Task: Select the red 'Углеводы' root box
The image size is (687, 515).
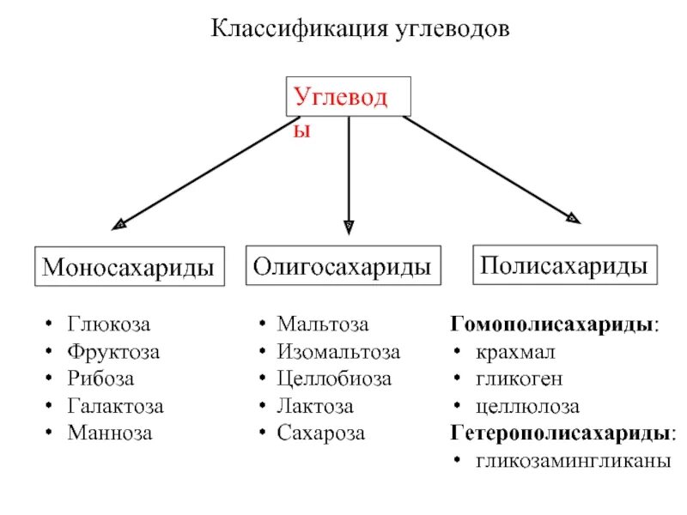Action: pyautogui.click(x=348, y=97)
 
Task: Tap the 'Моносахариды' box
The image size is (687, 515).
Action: pyautogui.click(x=128, y=267)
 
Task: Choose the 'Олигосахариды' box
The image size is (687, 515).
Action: pyautogui.click(x=342, y=267)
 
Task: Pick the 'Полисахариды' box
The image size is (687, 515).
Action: pyautogui.click(x=564, y=264)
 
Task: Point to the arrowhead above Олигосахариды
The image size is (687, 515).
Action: pyautogui.click(x=348, y=227)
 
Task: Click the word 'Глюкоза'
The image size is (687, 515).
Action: pyautogui.click(x=109, y=325)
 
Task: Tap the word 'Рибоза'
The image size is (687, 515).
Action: pyautogui.click(x=101, y=379)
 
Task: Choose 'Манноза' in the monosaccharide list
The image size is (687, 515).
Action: pyautogui.click(x=110, y=433)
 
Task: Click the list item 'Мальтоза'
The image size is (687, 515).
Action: pyautogui.click(x=323, y=325)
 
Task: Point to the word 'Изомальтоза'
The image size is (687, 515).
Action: pyautogui.click(x=338, y=352)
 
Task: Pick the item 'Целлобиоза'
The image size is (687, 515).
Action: pyautogui.click(x=334, y=379)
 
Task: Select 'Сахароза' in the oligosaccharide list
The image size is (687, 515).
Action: pyautogui.click(x=321, y=433)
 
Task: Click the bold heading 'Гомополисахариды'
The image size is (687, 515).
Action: pyautogui.click(x=554, y=325)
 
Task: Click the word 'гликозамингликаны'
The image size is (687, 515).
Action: pyautogui.click(x=573, y=460)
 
